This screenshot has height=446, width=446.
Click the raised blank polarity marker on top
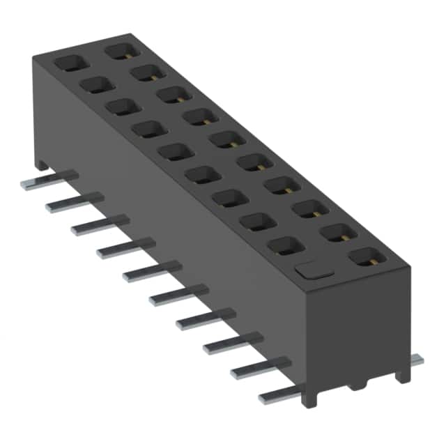pos(311,270)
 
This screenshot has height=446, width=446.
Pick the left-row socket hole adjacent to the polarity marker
pos(283,245)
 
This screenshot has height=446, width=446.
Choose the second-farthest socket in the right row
pos(146,72)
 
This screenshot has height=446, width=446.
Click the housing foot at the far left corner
pos(43,166)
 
